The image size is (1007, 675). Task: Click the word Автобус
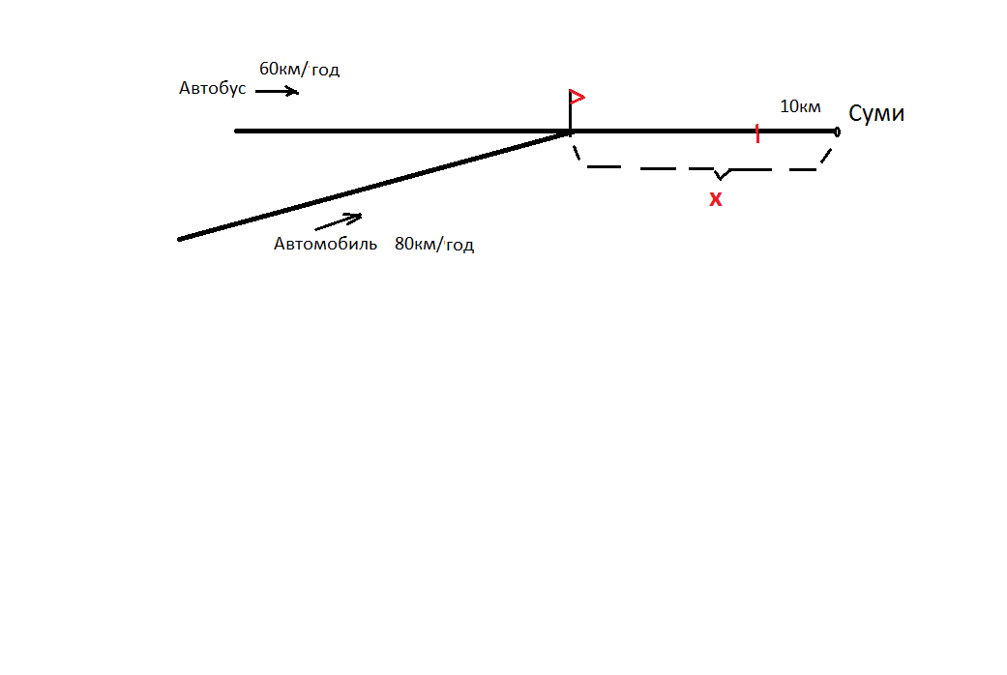pos(212,88)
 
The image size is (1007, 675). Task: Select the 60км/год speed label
pos(299,70)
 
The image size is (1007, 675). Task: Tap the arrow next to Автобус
pos(278,92)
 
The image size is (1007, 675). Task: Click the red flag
pos(578,97)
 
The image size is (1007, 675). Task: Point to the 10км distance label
pos(800,106)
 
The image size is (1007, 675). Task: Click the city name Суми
pos(876,113)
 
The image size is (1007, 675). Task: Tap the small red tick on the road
pos(756,134)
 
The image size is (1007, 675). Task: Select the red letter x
pos(716,200)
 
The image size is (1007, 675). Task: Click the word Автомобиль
pos(325,244)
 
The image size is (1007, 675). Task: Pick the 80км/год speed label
pos(434,245)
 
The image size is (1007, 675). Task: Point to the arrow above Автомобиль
pos(339,221)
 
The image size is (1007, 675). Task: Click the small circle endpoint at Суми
pos(837,131)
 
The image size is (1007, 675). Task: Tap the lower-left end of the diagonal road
pos(181,239)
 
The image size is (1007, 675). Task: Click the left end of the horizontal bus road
pos(237,131)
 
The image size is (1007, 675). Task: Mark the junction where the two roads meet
pos(570,132)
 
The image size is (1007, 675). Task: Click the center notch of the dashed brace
pos(720,175)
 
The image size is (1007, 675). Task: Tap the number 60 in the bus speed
pos(268,70)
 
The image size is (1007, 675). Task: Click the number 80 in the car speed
pos(403,245)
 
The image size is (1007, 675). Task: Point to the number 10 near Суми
pos(787,106)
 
